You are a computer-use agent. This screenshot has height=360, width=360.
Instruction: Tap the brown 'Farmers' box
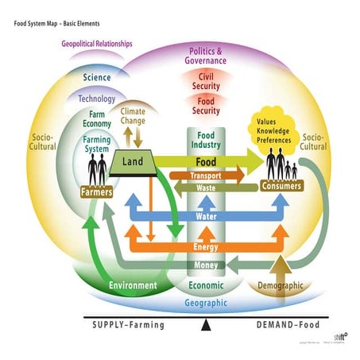click(x=97, y=192)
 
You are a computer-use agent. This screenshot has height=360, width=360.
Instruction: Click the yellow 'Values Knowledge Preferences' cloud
click(x=273, y=132)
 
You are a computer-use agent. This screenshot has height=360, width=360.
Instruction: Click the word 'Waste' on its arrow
click(x=206, y=188)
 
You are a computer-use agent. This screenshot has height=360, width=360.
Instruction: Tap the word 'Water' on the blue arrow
click(x=206, y=216)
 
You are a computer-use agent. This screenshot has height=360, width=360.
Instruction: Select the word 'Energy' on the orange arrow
click(x=206, y=248)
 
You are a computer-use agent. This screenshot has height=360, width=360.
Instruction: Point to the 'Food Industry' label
click(x=206, y=140)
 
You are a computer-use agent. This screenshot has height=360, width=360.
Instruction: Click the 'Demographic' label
click(x=281, y=285)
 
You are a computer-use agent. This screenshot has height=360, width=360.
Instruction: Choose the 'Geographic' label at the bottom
click(x=206, y=303)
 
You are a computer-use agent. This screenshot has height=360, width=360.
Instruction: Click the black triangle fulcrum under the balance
click(x=206, y=324)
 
